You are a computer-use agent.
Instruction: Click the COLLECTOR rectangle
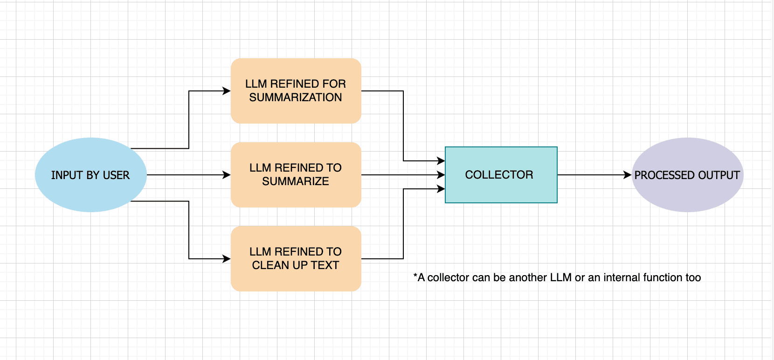[501, 191]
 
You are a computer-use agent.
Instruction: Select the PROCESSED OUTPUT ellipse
[688, 196]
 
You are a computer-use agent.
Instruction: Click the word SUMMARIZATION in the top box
[296, 97]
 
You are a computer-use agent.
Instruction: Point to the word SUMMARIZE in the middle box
[296, 181]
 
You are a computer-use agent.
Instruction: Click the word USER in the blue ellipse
[116, 175]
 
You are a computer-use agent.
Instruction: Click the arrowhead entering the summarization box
[227, 91]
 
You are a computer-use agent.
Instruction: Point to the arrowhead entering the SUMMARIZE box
[227, 175]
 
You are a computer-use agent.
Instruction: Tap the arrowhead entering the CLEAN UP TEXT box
[227, 259]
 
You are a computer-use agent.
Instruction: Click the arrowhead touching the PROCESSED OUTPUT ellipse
[628, 175]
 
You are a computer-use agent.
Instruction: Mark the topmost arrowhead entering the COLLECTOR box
[441, 161]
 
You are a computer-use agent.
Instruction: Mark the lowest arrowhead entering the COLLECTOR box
[441, 189]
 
